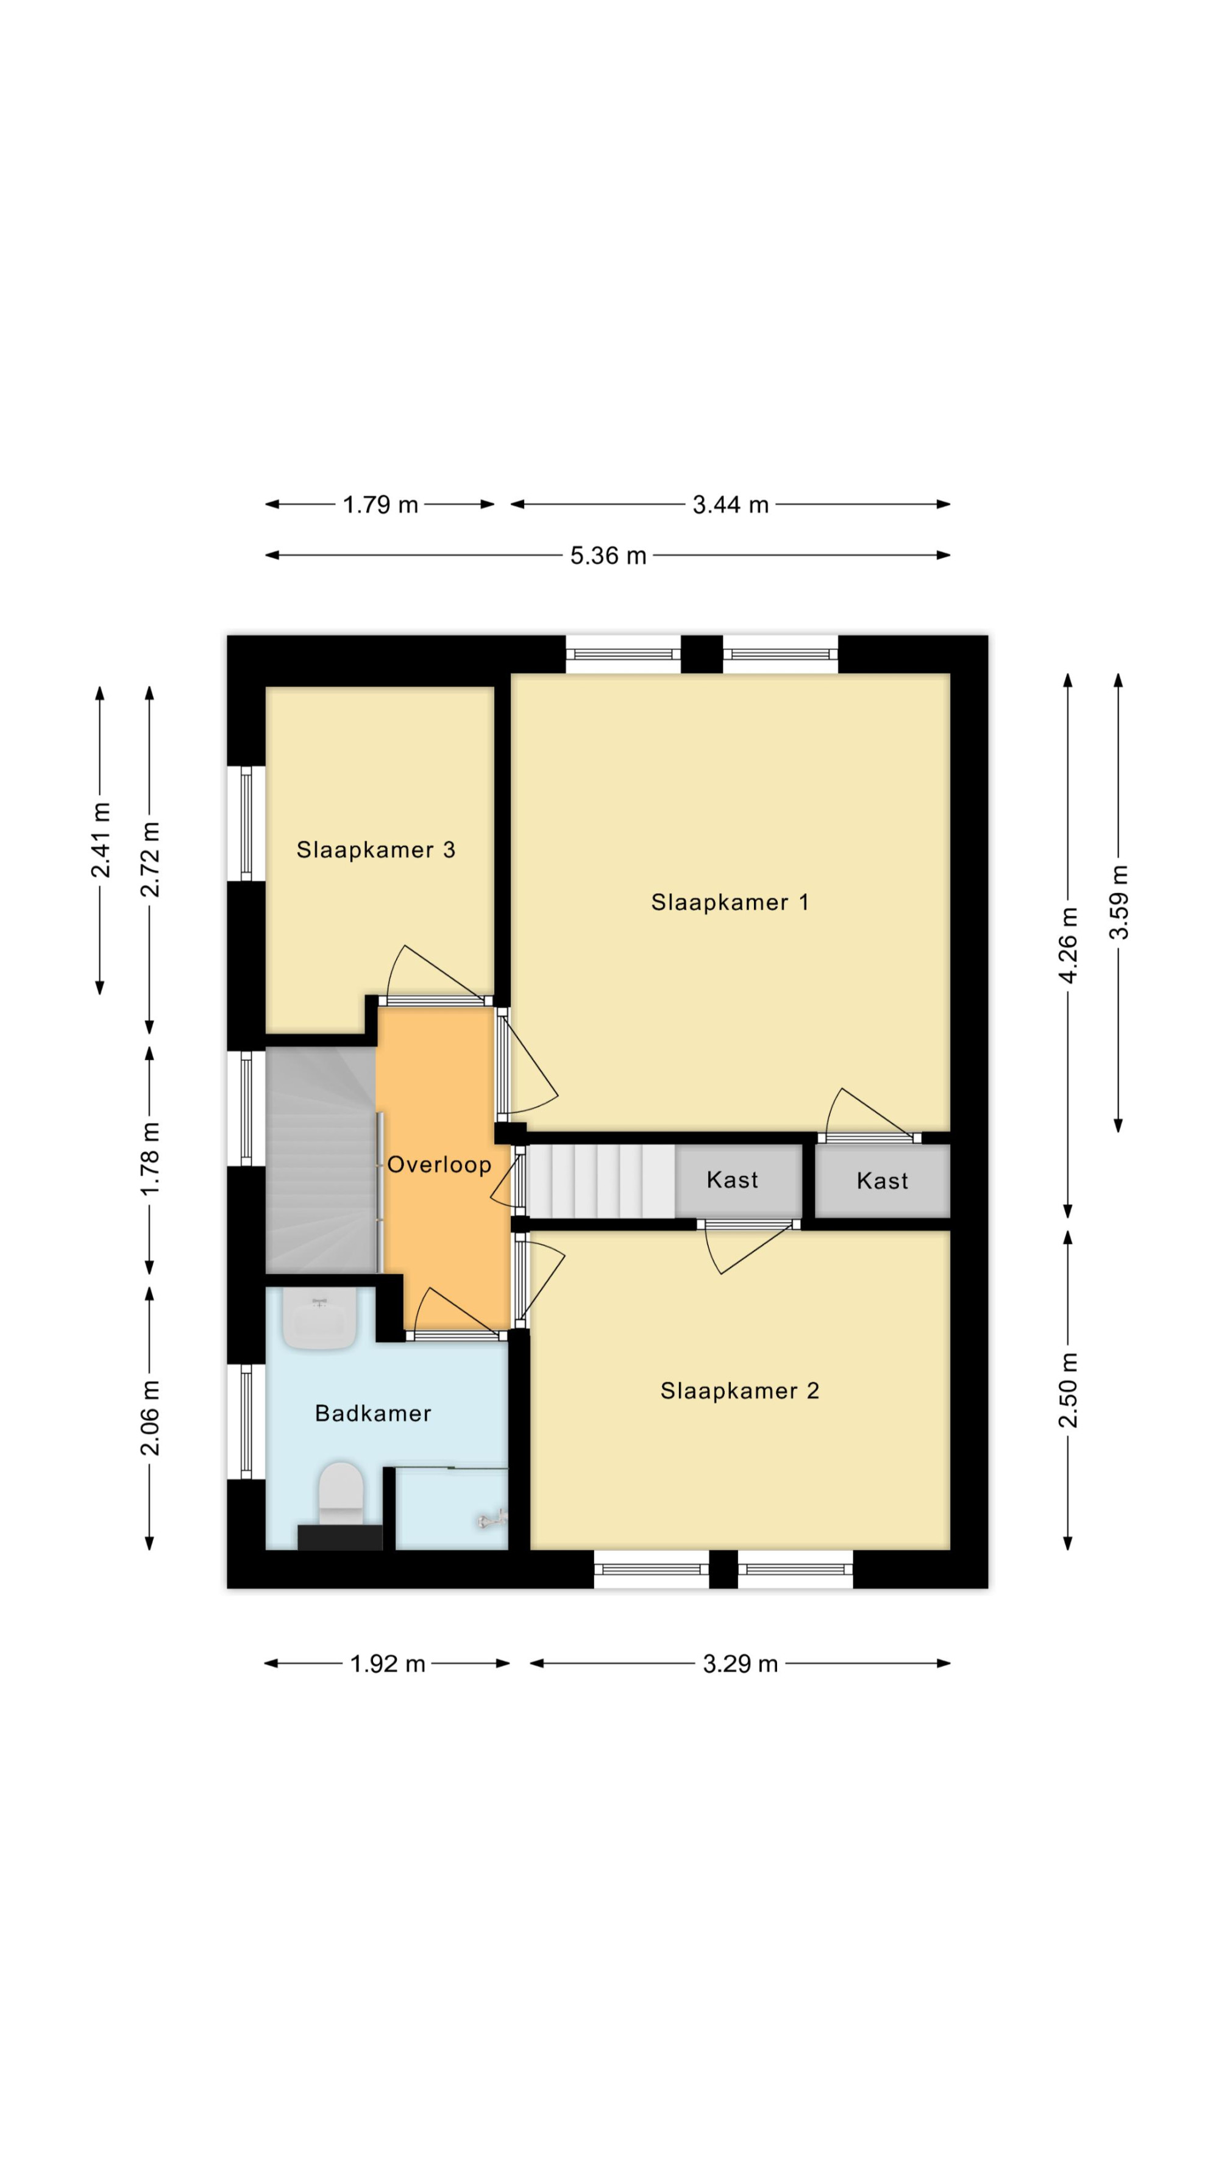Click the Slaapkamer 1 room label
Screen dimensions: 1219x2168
pos(730,902)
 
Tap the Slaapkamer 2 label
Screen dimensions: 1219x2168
pos(739,1390)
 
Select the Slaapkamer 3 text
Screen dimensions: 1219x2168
pos(375,850)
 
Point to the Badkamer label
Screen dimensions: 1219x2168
pos(372,1413)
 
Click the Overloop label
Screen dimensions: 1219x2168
pos(439,1165)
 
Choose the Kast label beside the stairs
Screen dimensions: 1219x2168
pos(732,1180)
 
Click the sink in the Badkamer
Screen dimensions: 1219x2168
pos(319,1319)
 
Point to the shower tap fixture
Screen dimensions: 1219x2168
pos(492,1518)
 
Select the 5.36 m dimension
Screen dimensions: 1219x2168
pos(608,555)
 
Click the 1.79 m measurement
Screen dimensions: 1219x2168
pos(380,505)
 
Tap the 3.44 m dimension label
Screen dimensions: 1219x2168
pos(730,505)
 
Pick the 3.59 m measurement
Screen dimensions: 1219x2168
pos(1119,902)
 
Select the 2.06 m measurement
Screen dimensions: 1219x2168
pos(150,1418)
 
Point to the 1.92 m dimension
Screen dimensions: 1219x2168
pos(388,1664)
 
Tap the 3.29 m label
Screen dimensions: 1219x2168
pos(741,1664)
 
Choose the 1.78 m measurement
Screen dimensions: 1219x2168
pos(150,1159)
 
